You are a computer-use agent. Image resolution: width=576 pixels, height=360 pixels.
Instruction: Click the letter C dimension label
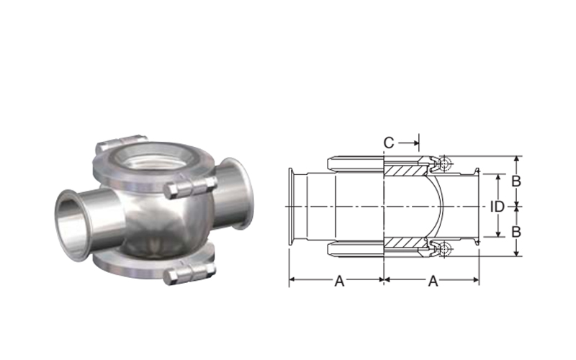coord(389,143)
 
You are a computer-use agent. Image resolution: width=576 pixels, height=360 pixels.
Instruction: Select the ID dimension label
coord(498,207)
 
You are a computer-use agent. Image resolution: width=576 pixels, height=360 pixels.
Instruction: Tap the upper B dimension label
coord(516,181)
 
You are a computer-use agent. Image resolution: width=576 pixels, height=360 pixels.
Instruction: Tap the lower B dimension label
coord(516,232)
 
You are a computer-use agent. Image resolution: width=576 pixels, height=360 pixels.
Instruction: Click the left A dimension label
coord(339,281)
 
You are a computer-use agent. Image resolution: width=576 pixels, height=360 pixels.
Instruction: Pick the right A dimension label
coord(433,281)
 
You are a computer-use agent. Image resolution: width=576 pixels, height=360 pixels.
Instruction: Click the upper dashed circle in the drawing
coord(444,164)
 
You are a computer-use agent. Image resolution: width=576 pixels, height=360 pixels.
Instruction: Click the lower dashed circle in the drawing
coord(444,248)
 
